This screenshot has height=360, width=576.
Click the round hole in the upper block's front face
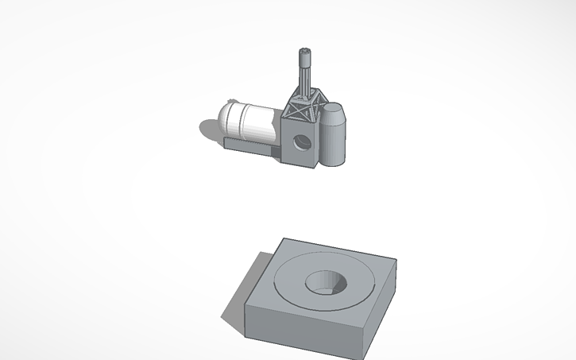(301, 143)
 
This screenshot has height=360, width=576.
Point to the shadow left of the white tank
(208, 127)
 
